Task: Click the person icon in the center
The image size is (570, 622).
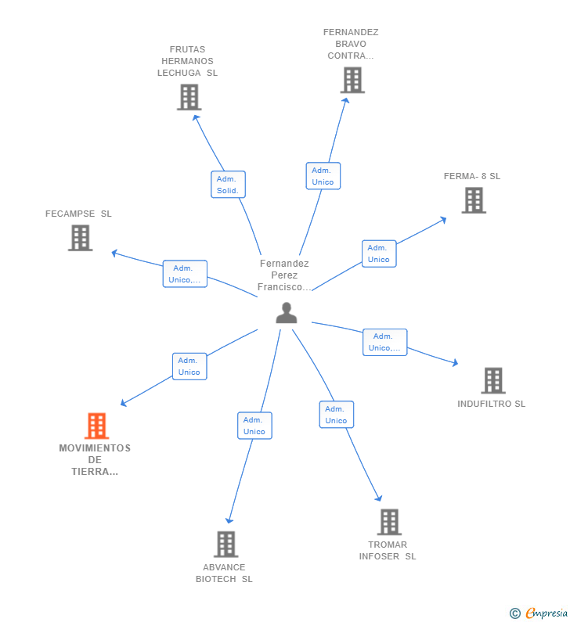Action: (287, 313)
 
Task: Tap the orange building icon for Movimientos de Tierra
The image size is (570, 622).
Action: (96, 426)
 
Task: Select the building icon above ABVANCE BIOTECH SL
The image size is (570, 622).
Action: (225, 544)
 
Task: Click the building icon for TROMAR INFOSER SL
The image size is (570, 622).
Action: (389, 522)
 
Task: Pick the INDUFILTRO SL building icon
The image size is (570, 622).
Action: (492, 380)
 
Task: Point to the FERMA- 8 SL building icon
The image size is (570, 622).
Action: (473, 200)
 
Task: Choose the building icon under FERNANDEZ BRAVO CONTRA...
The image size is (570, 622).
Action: (352, 80)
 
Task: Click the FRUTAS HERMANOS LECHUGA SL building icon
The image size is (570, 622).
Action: (189, 97)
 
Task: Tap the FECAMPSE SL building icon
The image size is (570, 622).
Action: (80, 238)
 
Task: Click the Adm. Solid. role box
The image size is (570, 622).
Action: (228, 185)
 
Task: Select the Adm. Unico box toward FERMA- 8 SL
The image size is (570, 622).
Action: (378, 253)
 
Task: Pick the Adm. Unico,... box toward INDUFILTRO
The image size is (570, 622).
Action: (384, 342)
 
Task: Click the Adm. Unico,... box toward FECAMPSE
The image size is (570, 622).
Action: (185, 274)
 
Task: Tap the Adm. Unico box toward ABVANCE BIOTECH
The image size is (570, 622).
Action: (254, 426)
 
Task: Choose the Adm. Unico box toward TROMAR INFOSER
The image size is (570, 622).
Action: (336, 415)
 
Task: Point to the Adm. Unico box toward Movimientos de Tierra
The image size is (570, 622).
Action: (189, 366)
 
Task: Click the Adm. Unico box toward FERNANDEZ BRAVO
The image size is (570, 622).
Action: (323, 176)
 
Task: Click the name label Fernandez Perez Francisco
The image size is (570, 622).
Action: (285, 275)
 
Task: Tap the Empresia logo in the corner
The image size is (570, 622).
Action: (539, 613)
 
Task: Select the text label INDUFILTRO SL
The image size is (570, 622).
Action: (492, 404)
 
